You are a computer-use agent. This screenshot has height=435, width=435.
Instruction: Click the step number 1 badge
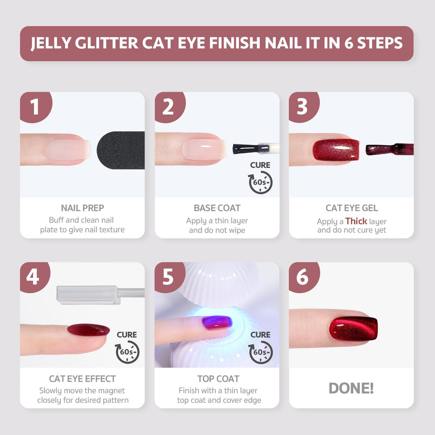point(35,107)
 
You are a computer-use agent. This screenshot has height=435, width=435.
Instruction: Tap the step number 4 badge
point(34,277)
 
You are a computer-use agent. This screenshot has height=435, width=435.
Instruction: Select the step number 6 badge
point(304,277)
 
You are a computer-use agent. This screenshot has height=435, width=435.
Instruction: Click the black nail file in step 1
point(121,150)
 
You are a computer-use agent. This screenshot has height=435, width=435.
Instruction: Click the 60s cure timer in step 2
point(260,182)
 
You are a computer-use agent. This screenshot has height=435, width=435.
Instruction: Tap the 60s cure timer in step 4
point(127,352)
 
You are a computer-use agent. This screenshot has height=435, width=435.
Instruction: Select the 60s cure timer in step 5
point(261,352)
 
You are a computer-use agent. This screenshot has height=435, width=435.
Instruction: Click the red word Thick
point(356,221)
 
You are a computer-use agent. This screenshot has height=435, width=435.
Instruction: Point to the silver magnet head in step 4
point(88,295)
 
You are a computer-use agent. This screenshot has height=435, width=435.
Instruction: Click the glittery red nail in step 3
point(336,150)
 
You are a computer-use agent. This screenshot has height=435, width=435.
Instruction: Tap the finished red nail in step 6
point(353,329)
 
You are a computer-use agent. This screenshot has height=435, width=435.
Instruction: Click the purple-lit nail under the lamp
point(217,322)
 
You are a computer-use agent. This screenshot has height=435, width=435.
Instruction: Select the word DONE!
point(351,388)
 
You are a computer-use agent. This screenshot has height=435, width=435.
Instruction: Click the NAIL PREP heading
point(82,208)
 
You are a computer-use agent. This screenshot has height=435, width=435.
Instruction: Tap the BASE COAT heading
point(217,208)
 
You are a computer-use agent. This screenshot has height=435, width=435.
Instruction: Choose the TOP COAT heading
point(218,379)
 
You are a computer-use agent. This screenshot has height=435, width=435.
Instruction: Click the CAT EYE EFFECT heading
point(82,379)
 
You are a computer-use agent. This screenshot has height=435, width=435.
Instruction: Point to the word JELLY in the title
point(51,43)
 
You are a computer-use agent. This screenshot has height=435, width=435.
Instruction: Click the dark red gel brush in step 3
point(389,150)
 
